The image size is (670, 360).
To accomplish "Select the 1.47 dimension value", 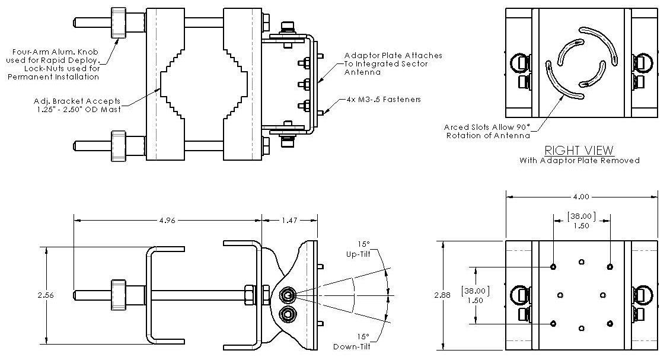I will [x=289, y=220].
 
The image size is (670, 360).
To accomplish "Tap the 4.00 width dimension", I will [x=581, y=196].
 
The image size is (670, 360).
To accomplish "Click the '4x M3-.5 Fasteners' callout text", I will [x=383, y=100].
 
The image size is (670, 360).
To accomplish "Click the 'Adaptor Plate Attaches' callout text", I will [x=394, y=55].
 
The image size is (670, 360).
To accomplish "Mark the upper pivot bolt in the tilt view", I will [x=288, y=295].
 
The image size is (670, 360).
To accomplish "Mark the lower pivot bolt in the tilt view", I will [x=288, y=313].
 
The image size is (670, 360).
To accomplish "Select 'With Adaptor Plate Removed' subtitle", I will [x=579, y=160].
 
